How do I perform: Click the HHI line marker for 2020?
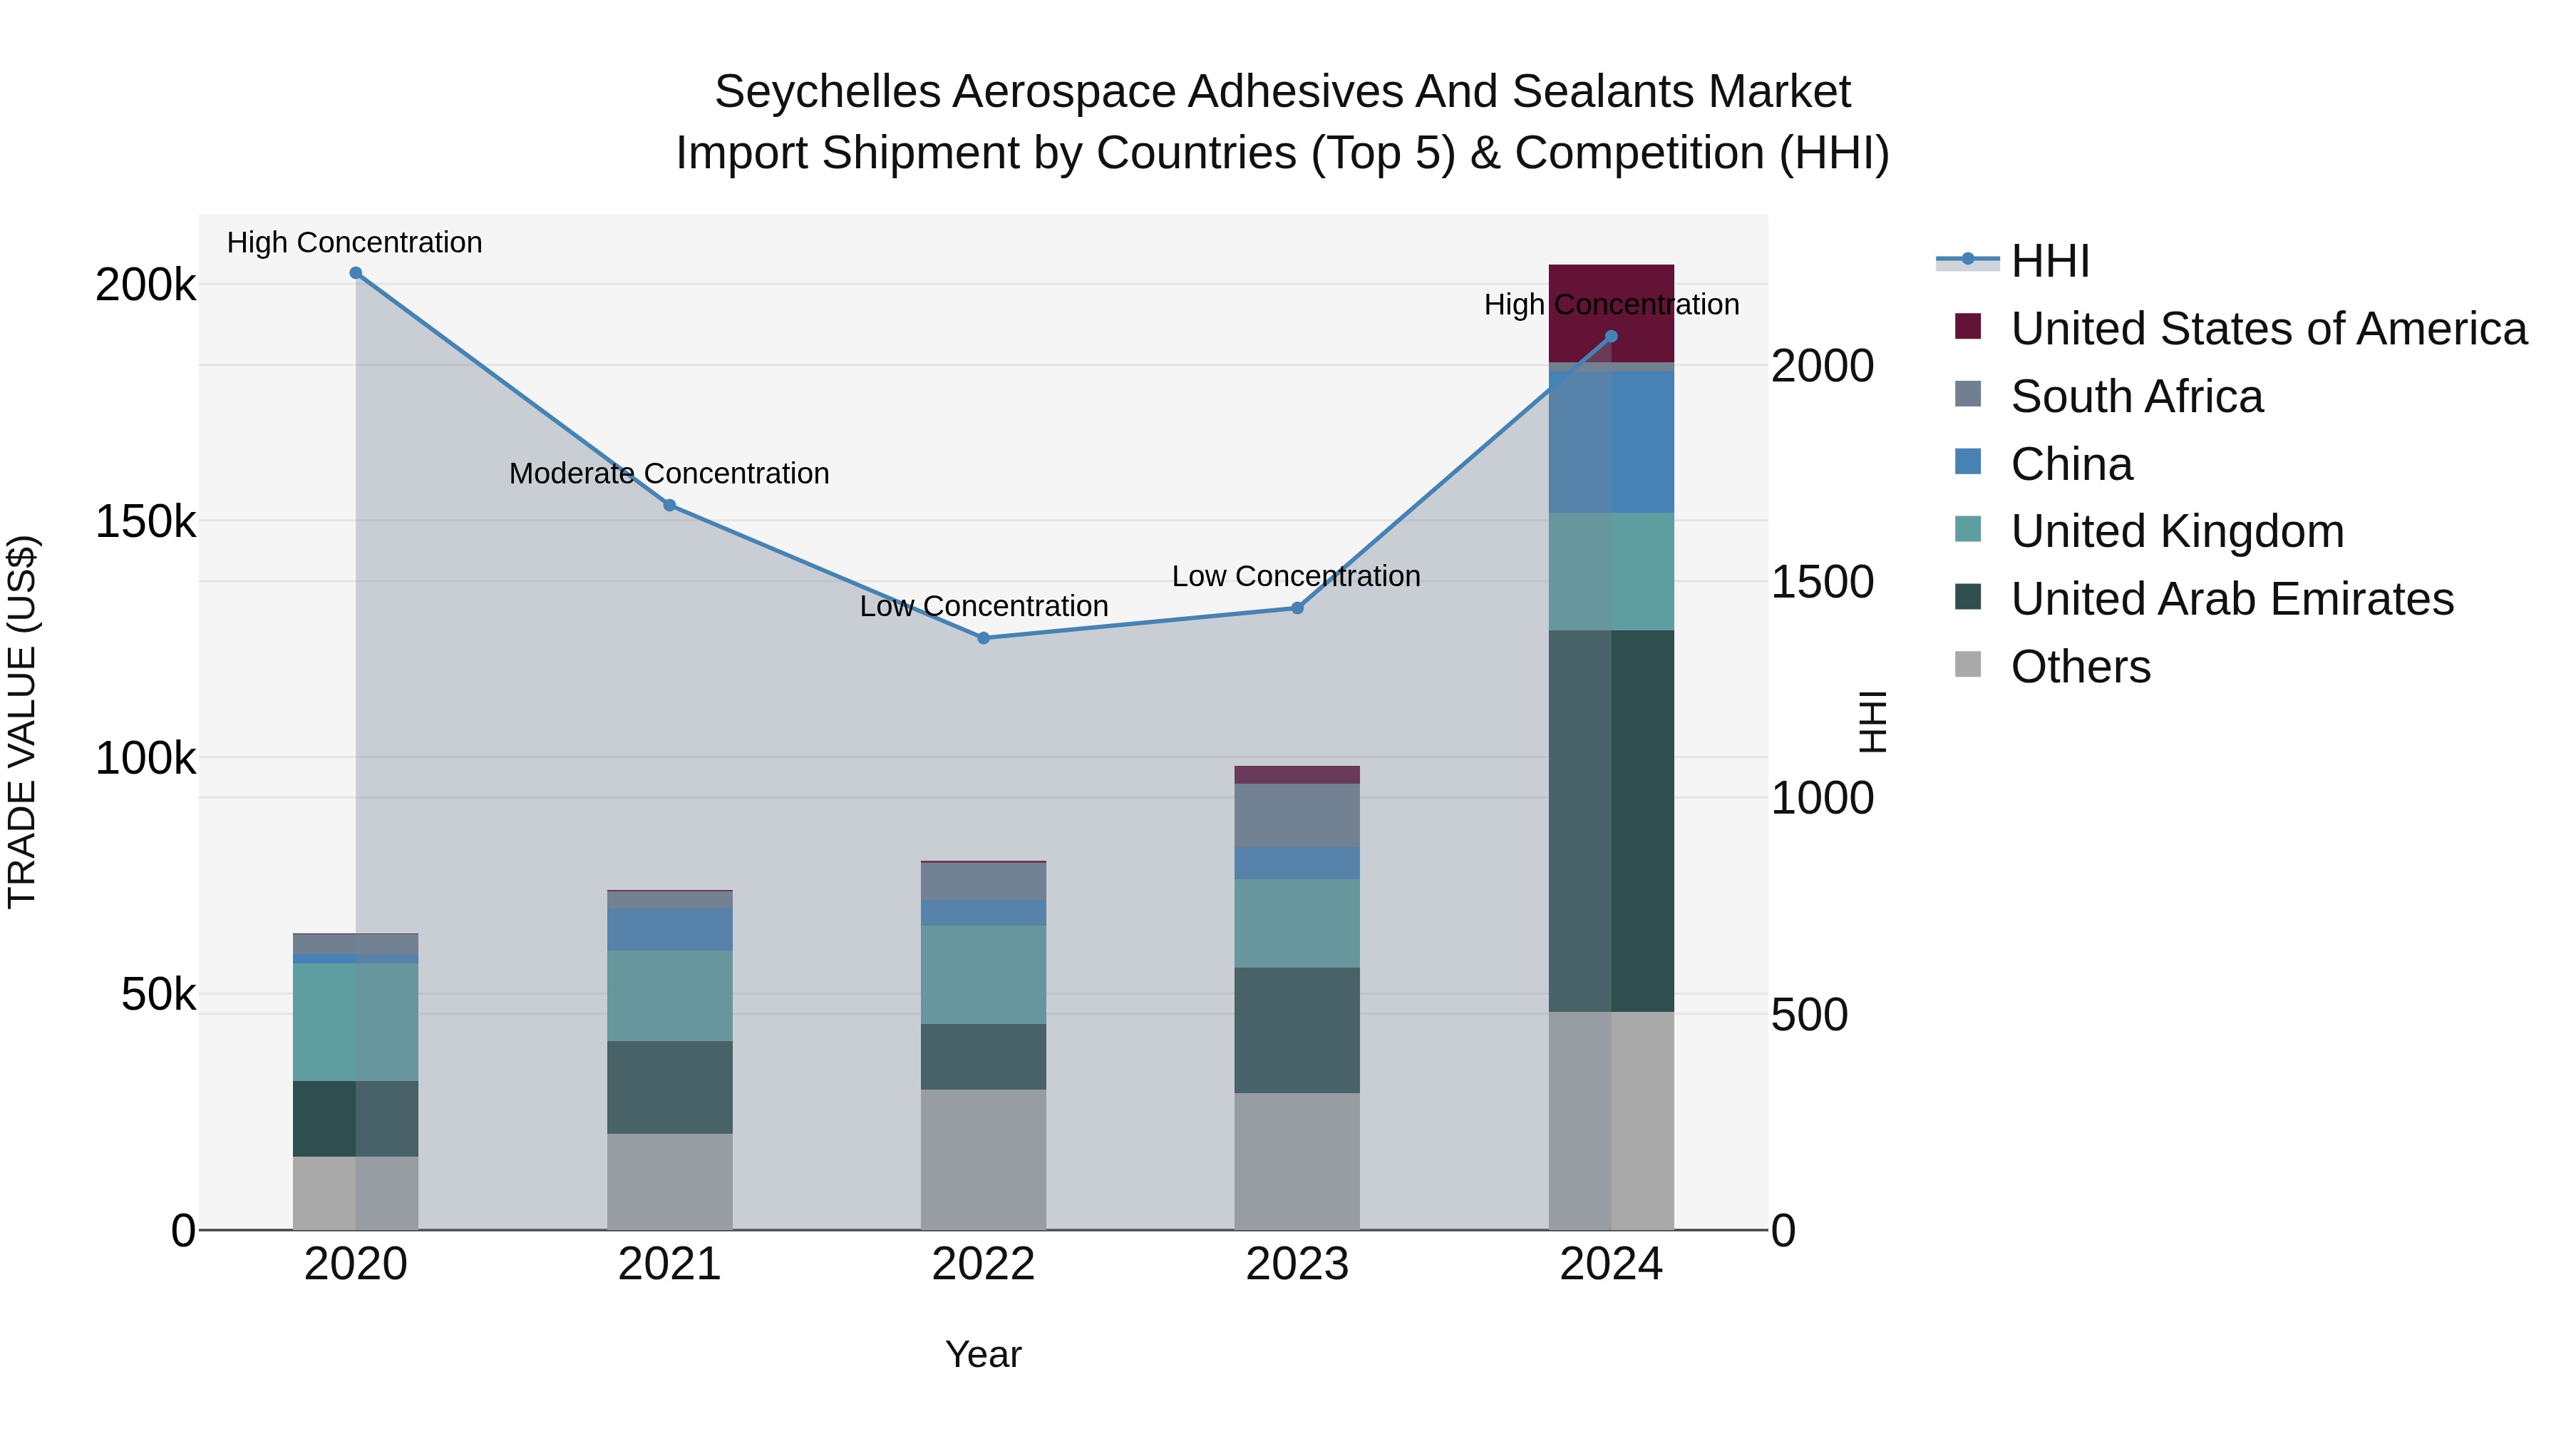coord(356,273)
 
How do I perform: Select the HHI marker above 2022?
coord(983,637)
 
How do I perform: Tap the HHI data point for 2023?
coord(1297,608)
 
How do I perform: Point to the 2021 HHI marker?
coord(669,506)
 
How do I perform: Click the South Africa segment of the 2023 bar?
coord(1297,815)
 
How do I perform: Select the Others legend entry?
coord(2080,667)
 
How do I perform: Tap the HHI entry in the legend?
coord(2049,261)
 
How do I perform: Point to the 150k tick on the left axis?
coord(145,521)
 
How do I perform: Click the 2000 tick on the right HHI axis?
coord(1822,366)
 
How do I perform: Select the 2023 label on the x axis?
coord(1297,1264)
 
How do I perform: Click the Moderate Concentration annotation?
coord(669,473)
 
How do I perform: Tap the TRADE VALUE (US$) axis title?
coord(22,722)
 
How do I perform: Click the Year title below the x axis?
coord(983,1354)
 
